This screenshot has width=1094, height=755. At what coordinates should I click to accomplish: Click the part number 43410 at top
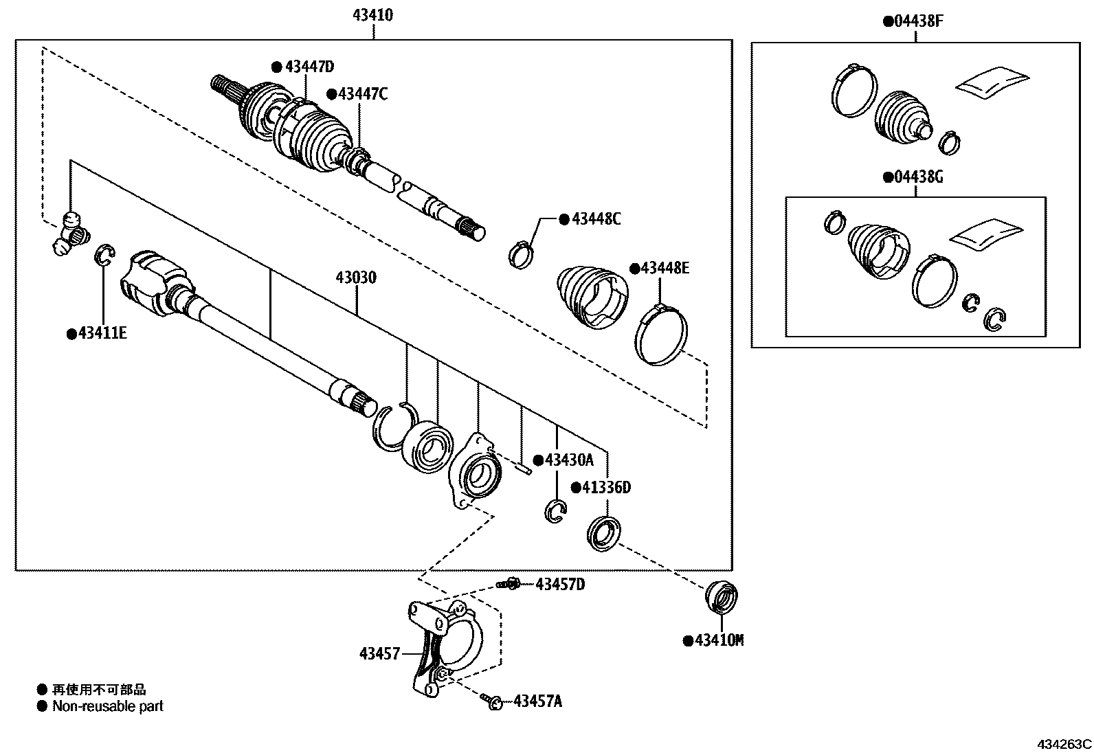pos(373,15)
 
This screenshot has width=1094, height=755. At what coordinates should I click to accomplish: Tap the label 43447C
pos(362,94)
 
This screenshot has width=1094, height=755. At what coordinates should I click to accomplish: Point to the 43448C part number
pos(596,219)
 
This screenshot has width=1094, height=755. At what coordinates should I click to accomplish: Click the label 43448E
pos(664,268)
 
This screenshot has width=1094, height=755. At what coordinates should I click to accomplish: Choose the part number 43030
pos(356,278)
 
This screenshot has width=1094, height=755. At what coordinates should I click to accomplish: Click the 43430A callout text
pos(568,460)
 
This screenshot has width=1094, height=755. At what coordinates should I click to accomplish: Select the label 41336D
pos(605,488)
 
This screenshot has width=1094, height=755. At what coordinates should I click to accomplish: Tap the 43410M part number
pos(719,640)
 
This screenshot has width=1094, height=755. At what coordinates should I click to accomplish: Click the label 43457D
pos(559,584)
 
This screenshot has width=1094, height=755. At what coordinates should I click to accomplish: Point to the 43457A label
pos(537,701)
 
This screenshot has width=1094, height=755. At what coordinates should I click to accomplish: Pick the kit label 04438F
pos(918,21)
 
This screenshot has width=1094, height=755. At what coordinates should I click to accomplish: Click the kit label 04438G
pos(918,177)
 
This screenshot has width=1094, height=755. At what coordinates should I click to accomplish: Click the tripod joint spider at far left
pos(71,234)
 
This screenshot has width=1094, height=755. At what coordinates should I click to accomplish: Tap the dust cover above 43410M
pos(722,596)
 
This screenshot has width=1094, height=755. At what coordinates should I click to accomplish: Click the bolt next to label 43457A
pos(493,701)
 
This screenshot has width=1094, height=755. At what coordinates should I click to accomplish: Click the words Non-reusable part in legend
pos(108,706)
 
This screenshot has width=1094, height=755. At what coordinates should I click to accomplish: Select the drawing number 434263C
pos(1064,744)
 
